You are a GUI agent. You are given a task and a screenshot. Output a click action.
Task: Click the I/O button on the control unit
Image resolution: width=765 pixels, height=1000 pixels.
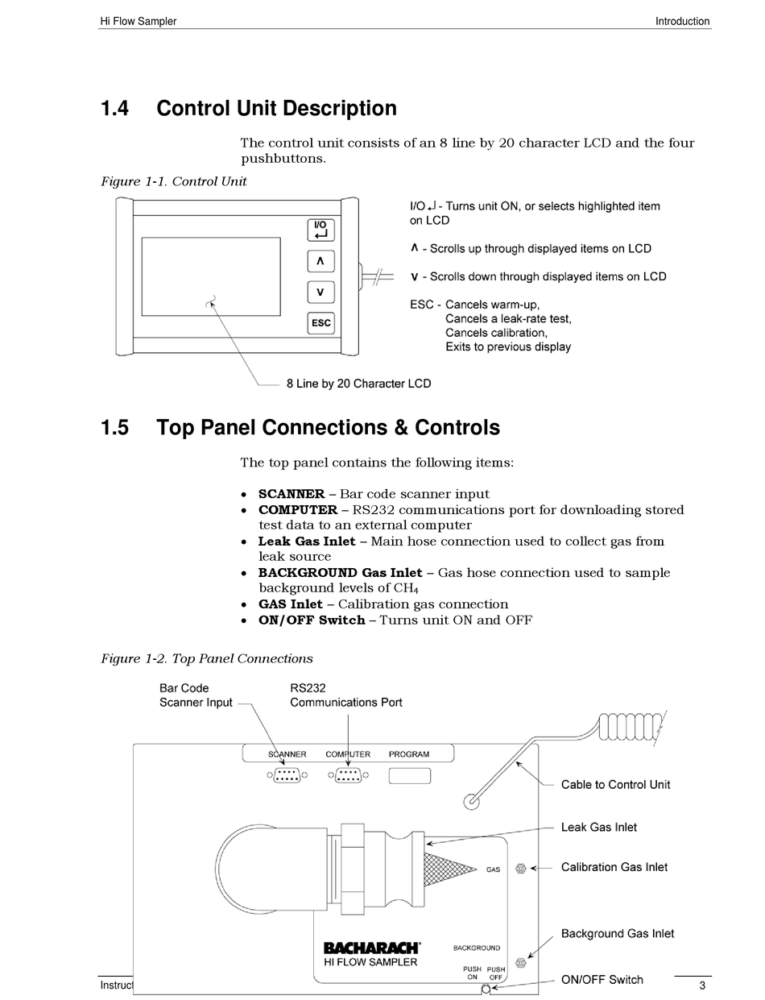point(320,230)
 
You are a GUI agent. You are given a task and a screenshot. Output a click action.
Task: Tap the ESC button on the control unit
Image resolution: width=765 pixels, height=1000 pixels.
point(320,323)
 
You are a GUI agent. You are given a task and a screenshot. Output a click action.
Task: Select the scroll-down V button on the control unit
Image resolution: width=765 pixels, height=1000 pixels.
point(320,293)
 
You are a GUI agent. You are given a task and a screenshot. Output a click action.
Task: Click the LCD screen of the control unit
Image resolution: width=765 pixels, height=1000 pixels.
point(211,276)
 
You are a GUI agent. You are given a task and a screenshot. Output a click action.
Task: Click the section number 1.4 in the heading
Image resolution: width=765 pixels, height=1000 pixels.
point(114,109)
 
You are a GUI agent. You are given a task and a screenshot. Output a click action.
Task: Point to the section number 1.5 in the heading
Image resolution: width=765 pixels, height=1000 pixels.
point(114,428)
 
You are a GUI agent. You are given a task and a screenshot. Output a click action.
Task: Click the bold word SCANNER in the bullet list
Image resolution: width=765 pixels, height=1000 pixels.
point(292,494)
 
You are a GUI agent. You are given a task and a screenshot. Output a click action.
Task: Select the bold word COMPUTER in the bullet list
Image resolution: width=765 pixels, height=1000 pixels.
point(298,510)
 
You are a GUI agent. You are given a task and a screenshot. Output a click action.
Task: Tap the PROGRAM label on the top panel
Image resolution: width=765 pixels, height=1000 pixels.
point(409,754)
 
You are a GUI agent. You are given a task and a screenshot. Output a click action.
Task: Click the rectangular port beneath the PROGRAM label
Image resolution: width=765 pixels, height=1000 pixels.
point(410,776)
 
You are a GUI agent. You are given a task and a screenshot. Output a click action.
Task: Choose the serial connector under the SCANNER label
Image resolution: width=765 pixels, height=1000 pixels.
point(287,776)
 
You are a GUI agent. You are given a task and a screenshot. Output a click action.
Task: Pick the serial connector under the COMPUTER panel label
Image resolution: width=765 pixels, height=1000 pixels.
point(348,776)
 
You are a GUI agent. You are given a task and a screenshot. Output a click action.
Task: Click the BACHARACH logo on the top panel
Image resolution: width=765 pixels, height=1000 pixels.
point(371,948)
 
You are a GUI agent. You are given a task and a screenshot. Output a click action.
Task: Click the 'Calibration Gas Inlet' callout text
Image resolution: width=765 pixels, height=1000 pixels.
point(614,868)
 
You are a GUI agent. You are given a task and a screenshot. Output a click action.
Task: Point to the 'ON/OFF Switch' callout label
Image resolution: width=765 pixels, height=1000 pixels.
point(602,980)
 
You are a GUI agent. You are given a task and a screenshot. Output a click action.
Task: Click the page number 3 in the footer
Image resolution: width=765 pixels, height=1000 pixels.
point(702,986)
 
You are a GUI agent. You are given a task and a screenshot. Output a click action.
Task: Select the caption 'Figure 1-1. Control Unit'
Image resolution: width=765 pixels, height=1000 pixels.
point(173,181)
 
